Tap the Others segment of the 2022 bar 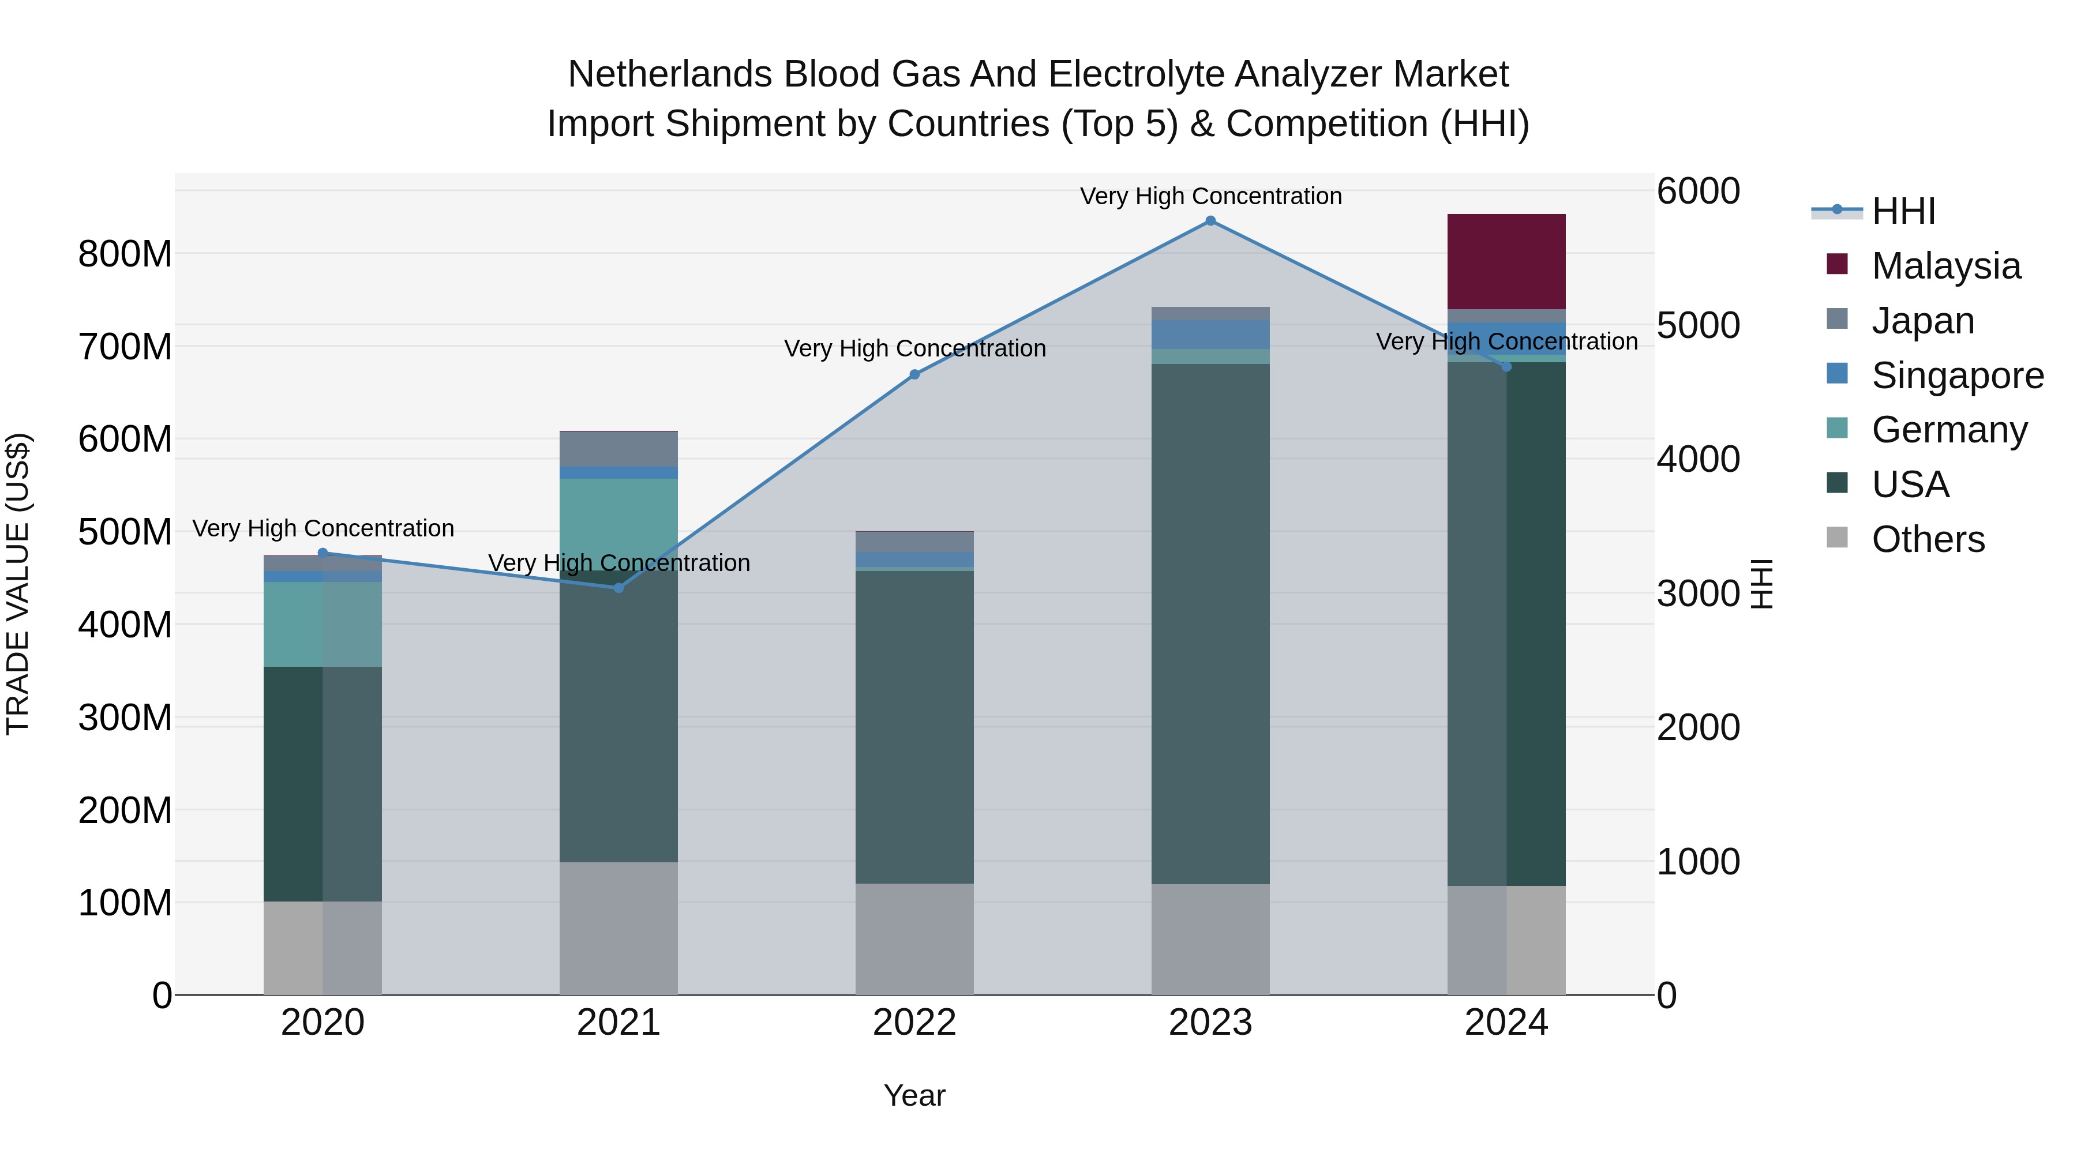tap(914, 938)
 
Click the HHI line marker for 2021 tap(618, 588)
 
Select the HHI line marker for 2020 tap(323, 553)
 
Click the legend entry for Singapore tap(1957, 375)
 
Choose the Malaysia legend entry tap(1945, 266)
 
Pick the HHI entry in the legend tap(1903, 211)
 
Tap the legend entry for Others tap(1927, 539)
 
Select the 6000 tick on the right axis tap(1698, 192)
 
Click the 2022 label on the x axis tap(914, 1023)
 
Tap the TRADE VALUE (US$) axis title tap(18, 584)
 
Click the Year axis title tap(914, 1095)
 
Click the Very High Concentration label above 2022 tap(914, 348)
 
